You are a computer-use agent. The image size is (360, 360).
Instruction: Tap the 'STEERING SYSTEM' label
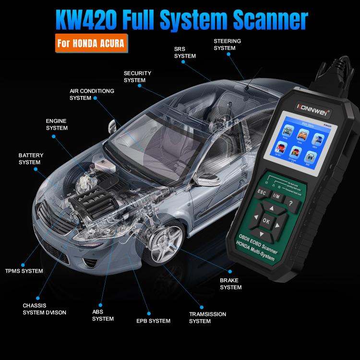click(x=227, y=45)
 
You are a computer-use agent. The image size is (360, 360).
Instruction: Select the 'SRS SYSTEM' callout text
click(x=185, y=52)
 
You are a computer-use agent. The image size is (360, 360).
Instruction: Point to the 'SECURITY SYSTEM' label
click(x=137, y=77)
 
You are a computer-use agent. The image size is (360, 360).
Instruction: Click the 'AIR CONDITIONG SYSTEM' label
click(x=92, y=94)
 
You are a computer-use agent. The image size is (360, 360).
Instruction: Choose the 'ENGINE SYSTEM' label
click(x=57, y=125)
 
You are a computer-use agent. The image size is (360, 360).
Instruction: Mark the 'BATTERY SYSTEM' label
click(x=31, y=159)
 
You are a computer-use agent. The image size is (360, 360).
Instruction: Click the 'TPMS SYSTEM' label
click(x=24, y=271)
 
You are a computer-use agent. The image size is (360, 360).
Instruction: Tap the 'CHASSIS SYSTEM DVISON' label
click(x=44, y=309)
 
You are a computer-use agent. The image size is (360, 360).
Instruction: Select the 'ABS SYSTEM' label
click(x=103, y=315)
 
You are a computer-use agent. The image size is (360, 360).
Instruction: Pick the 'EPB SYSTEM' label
click(x=153, y=321)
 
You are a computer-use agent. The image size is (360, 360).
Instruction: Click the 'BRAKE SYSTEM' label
click(x=230, y=284)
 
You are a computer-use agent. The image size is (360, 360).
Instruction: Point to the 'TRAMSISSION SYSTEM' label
click(x=207, y=318)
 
